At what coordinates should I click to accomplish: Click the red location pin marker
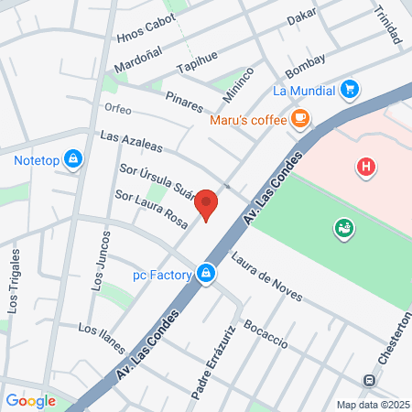tap(207, 203)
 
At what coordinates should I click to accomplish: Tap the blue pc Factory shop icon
tap(208, 274)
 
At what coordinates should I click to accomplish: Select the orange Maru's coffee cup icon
tap(300, 118)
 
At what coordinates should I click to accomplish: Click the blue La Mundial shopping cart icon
tap(349, 90)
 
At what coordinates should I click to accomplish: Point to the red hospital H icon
tap(366, 167)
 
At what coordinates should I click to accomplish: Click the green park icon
tap(344, 227)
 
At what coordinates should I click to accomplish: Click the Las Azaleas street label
tap(131, 141)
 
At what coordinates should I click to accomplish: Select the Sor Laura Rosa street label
tap(151, 210)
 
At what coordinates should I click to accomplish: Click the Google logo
tap(30, 400)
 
